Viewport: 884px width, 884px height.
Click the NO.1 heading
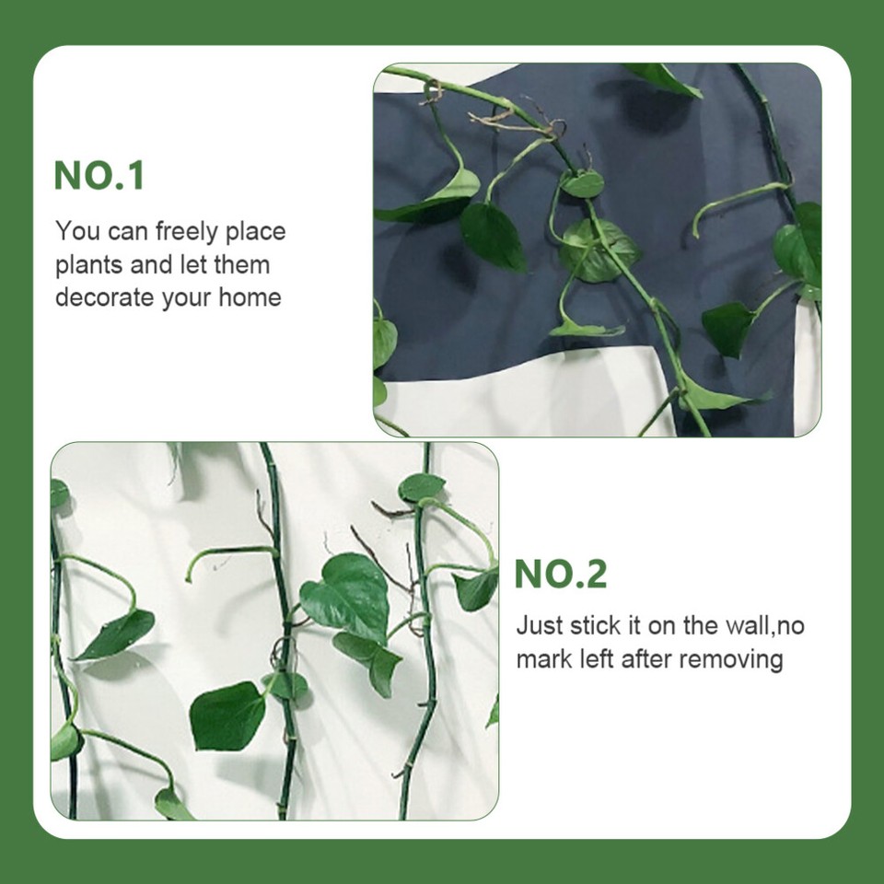tap(99, 176)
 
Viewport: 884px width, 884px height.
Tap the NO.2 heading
tap(561, 574)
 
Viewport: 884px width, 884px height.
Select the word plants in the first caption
tap(89, 265)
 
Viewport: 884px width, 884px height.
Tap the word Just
tap(538, 626)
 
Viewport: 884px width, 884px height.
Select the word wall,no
tap(761, 626)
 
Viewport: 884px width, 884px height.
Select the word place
tap(255, 231)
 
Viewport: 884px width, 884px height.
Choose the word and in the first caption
tap(153, 265)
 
